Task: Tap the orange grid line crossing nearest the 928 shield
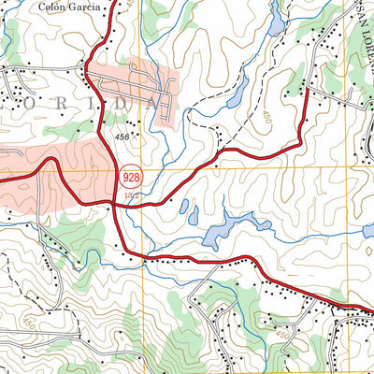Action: [143, 166]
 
